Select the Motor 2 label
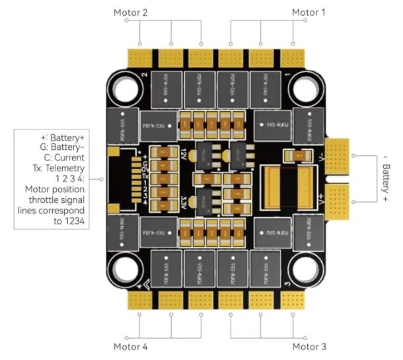coord(131,12)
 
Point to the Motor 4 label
coord(131,346)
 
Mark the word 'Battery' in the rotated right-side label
coord(387,180)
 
